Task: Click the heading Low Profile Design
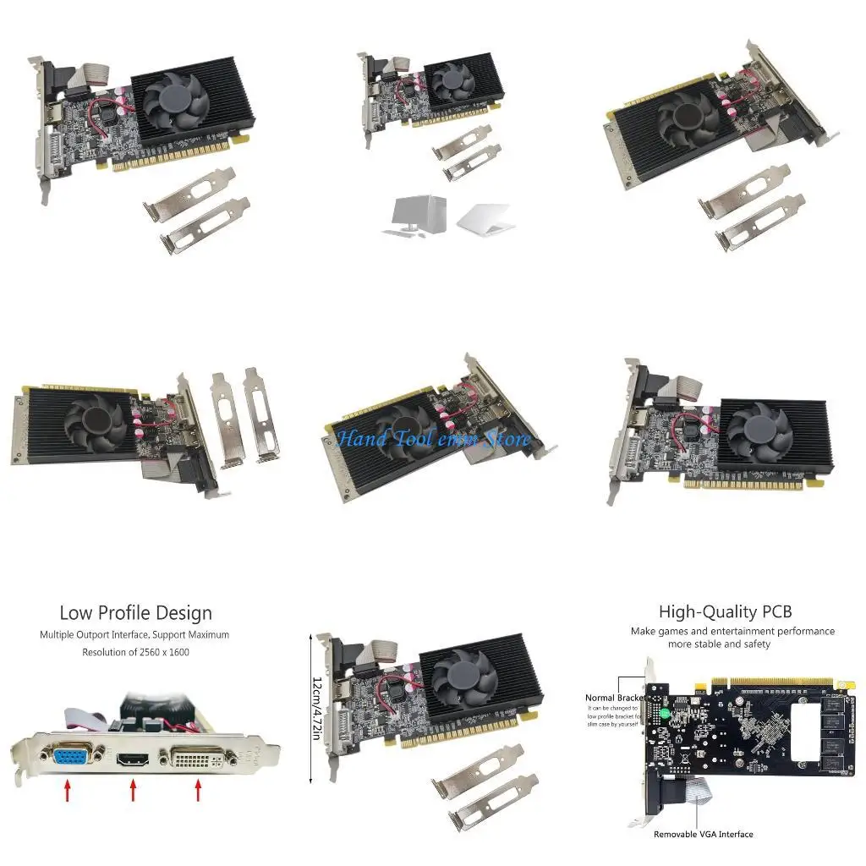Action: tap(135, 612)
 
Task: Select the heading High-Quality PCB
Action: tap(725, 611)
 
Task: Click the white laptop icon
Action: tap(485, 217)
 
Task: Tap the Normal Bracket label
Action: tap(615, 698)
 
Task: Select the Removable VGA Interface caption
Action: tap(703, 834)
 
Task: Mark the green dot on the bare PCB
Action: tap(666, 714)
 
